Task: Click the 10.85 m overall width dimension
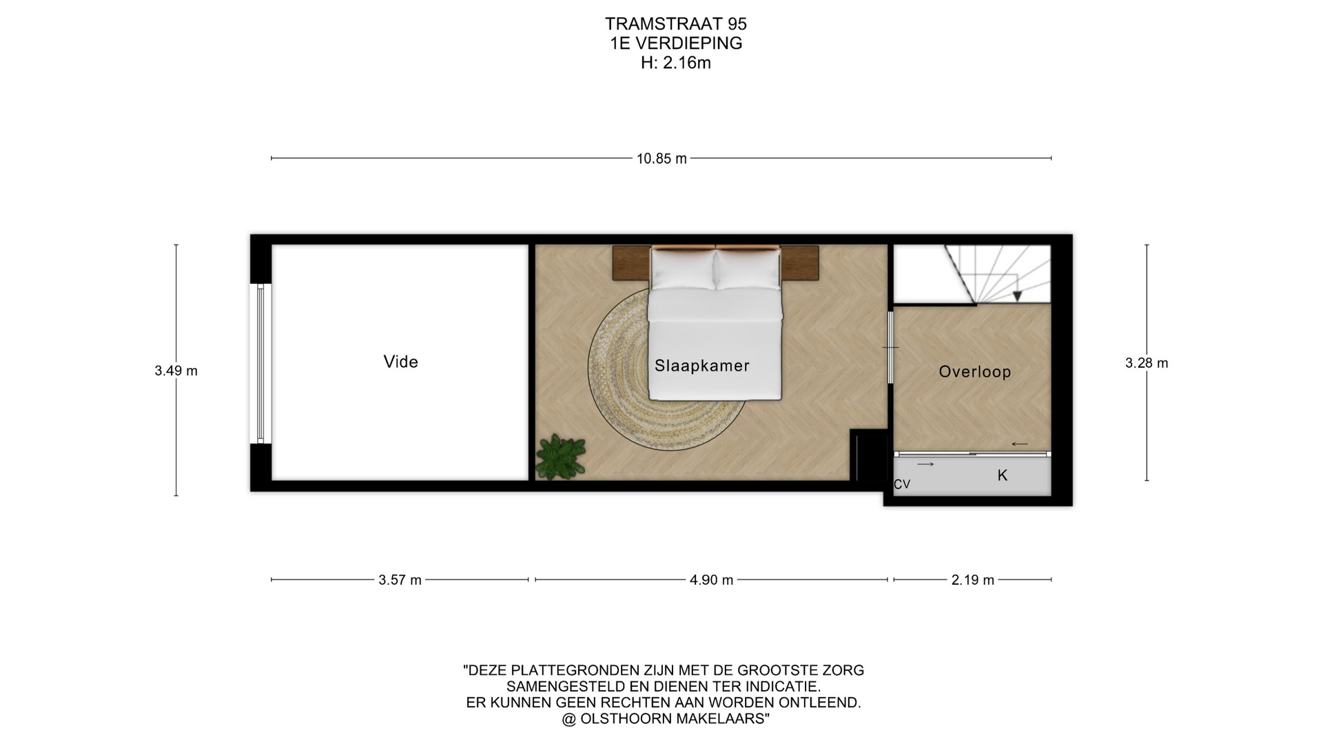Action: pos(661,158)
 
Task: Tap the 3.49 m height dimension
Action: pos(176,371)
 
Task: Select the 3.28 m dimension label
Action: pos(1147,363)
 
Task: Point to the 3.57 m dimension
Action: pos(400,580)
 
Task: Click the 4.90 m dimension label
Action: pos(711,580)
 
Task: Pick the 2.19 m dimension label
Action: pos(973,580)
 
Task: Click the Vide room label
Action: pos(401,362)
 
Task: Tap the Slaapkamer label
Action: pos(702,366)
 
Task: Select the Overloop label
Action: pos(975,372)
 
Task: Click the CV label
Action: pos(902,484)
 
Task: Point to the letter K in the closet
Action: pos(1003,475)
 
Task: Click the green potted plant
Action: pos(561,457)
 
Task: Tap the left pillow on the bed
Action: pos(683,269)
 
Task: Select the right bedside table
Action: pos(799,262)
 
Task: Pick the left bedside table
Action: pos(632,262)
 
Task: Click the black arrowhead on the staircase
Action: pos(1017,296)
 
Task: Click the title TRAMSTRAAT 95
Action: pos(676,24)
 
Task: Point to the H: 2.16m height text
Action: pos(676,63)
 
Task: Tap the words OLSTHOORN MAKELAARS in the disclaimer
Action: pos(674,719)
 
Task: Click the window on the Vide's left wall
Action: pos(261,363)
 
